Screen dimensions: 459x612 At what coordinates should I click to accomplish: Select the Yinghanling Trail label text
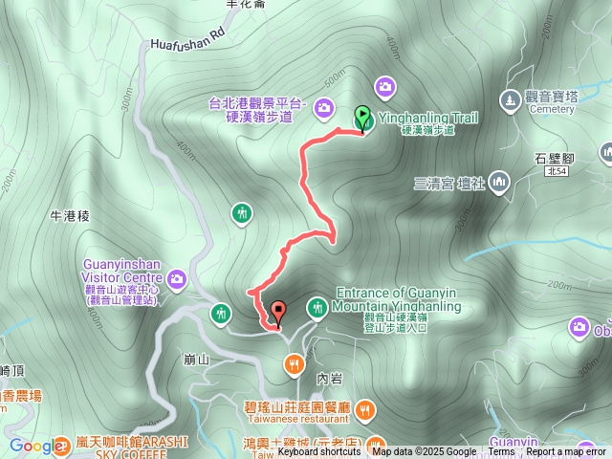point(427,118)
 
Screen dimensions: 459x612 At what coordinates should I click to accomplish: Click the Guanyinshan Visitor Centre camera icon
point(177,278)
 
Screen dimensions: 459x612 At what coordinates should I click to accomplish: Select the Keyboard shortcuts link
point(318,452)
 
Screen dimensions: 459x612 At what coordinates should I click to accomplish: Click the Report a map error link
point(567,452)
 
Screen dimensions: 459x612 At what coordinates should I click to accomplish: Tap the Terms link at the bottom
point(501,452)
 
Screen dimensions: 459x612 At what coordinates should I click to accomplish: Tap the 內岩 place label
point(329,379)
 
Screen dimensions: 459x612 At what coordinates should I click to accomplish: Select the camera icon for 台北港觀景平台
point(323,107)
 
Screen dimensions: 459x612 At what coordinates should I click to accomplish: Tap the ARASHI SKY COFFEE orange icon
point(62,444)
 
